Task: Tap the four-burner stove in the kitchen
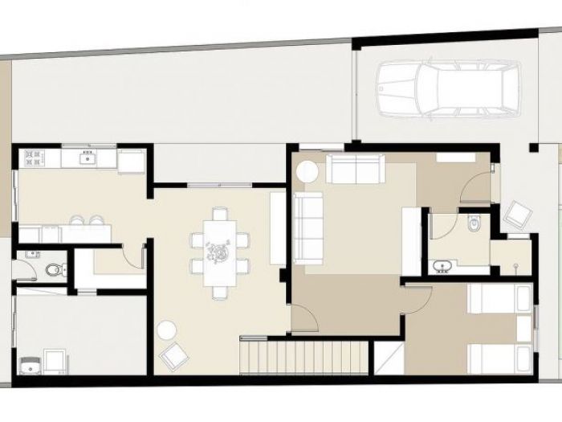33,156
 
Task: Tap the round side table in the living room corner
307,170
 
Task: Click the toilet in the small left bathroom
54,270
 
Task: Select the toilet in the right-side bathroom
473,224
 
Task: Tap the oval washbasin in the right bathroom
442,265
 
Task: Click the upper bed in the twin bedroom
499,300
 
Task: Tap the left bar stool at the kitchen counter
78,221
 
